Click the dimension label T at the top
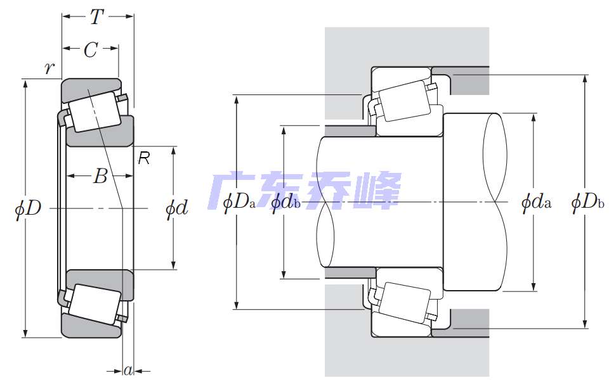[x=96, y=17]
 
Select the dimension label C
[x=91, y=51]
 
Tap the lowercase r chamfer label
[x=49, y=68]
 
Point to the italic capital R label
[x=144, y=159]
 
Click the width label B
[x=100, y=177]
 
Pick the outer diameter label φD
[x=28, y=208]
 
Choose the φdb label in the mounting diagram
[x=285, y=203]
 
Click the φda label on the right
[x=536, y=203]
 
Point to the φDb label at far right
[x=587, y=203]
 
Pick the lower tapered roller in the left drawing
[x=93, y=304]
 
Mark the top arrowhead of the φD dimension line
[x=25, y=85]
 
